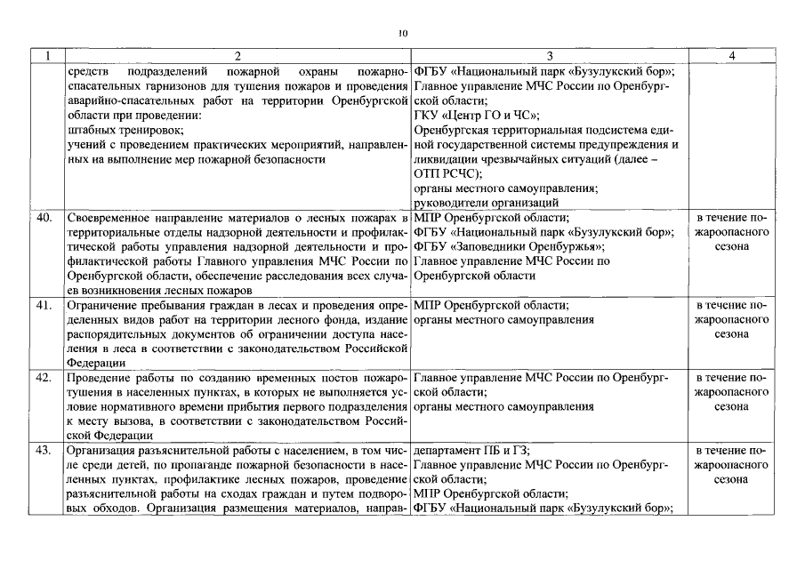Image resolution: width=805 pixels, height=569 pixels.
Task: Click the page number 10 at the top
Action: pyautogui.click(x=402, y=33)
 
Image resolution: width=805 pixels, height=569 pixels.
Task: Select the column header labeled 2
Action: pyautogui.click(x=237, y=55)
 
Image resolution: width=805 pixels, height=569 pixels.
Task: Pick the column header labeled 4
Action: pyautogui.click(x=730, y=55)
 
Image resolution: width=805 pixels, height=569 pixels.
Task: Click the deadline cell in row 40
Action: pyautogui.click(x=730, y=232)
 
